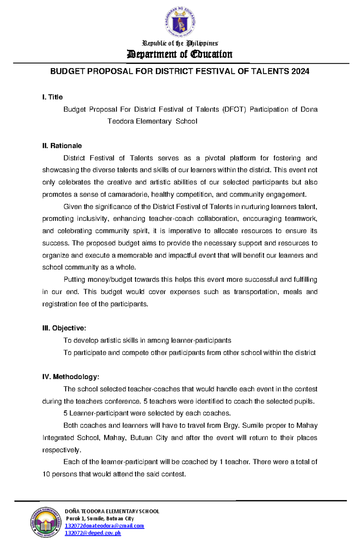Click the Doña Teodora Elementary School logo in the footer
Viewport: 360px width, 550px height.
click(x=46, y=523)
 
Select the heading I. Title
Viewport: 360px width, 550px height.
click(x=52, y=97)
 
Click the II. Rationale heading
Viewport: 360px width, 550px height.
click(x=62, y=146)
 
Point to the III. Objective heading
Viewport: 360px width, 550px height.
click(x=64, y=328)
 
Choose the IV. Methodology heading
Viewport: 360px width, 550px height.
click(x=71, y=377)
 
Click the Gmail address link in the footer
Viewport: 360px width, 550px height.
click(x=104, y=526)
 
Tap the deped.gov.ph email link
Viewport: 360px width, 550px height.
click(x=93, y=533)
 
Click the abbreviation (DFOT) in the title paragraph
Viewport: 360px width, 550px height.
click(x=234, y=109)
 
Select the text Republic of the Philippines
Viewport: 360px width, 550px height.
click(x=180, y=43)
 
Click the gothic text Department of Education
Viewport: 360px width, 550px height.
click(x=180, y=54)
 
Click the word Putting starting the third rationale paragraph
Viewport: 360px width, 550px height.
click(x=74, y=280)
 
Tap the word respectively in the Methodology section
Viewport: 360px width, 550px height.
click(x=61, y=450)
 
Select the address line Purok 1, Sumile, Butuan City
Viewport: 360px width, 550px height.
click(x=100, y=519)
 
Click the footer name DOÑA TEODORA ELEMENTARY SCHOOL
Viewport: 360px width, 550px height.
click(x=112, y=511)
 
